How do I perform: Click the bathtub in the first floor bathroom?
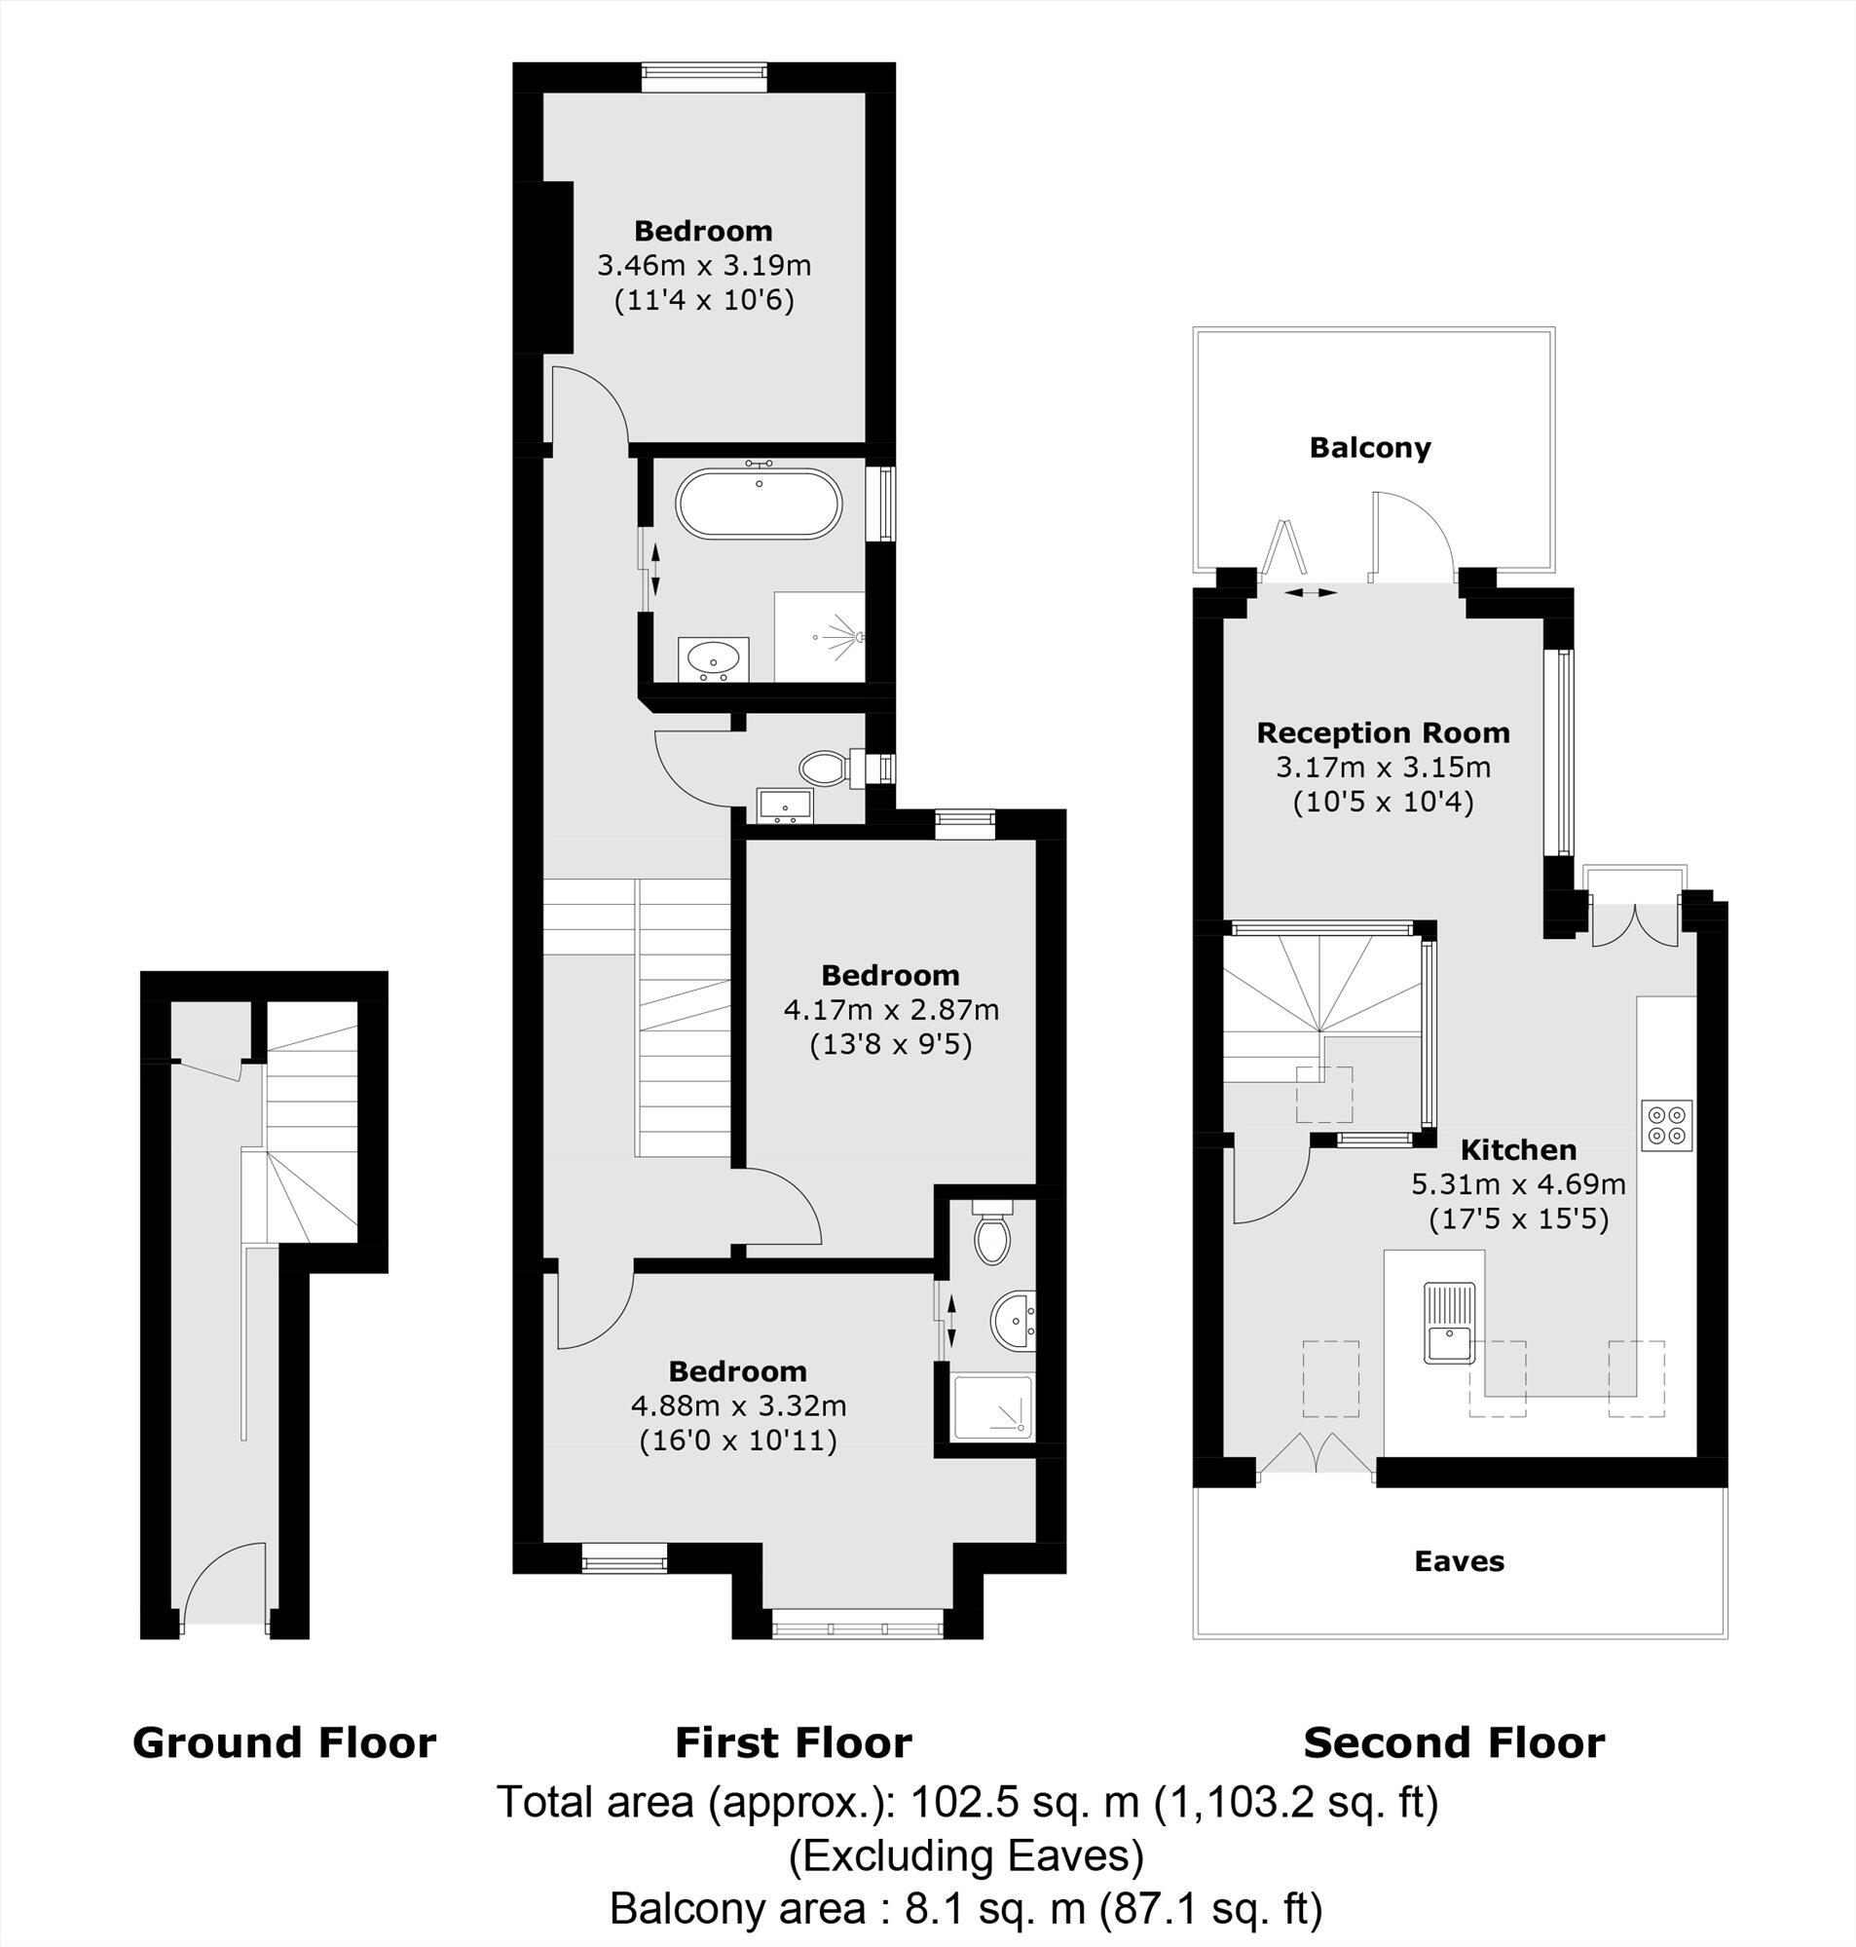(759, 504)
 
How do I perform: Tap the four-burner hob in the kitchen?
(1667, 1125)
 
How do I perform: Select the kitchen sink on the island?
(1449, 1323)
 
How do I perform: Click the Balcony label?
(1369, 448)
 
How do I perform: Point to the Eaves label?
(1459, 1561)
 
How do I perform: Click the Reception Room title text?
(1382, 733)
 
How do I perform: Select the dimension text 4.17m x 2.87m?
(890, 1010)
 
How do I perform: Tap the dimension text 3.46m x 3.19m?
(703, 265)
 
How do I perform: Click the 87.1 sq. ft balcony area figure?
(1212, 1908)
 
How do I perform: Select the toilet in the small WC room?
(821, 767)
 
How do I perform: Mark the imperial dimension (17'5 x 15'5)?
(1518, 1218)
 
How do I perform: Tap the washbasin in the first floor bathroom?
(711, 657)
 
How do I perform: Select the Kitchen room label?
(1518, 1150)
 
